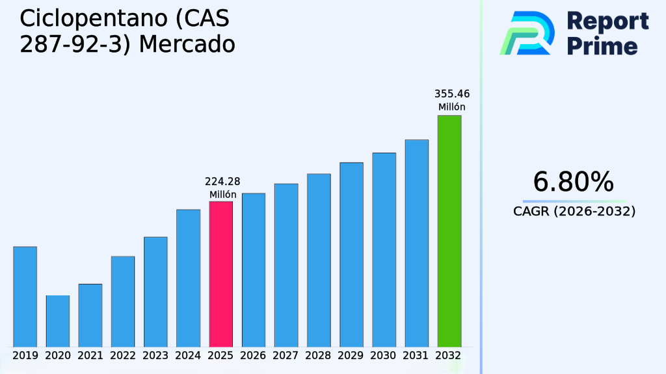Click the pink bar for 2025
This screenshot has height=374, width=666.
click(220, 273)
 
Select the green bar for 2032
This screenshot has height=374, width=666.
click(449, 231)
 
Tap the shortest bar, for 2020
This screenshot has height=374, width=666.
click(57, 321)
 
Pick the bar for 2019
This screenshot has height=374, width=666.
click(25, 296)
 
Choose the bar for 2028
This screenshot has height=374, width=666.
click(319, 260)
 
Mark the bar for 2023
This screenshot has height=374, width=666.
click(155, 292)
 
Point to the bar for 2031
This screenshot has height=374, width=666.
click(416, 243)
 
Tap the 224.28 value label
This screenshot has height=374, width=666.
click(222, 181)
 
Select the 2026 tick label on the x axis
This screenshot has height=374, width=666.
click(253, 356)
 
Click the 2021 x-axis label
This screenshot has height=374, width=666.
click(90, 356)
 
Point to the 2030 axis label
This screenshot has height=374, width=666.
click(384, 356)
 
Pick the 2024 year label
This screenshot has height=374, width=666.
click(188, 356)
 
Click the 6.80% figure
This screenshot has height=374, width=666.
click(573, 182)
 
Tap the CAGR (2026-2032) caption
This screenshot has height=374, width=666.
click(574, 211)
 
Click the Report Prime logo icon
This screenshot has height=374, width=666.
click(527, 32)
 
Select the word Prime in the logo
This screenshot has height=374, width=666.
click(602, 46)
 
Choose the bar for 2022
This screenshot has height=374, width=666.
click(123, 301)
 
